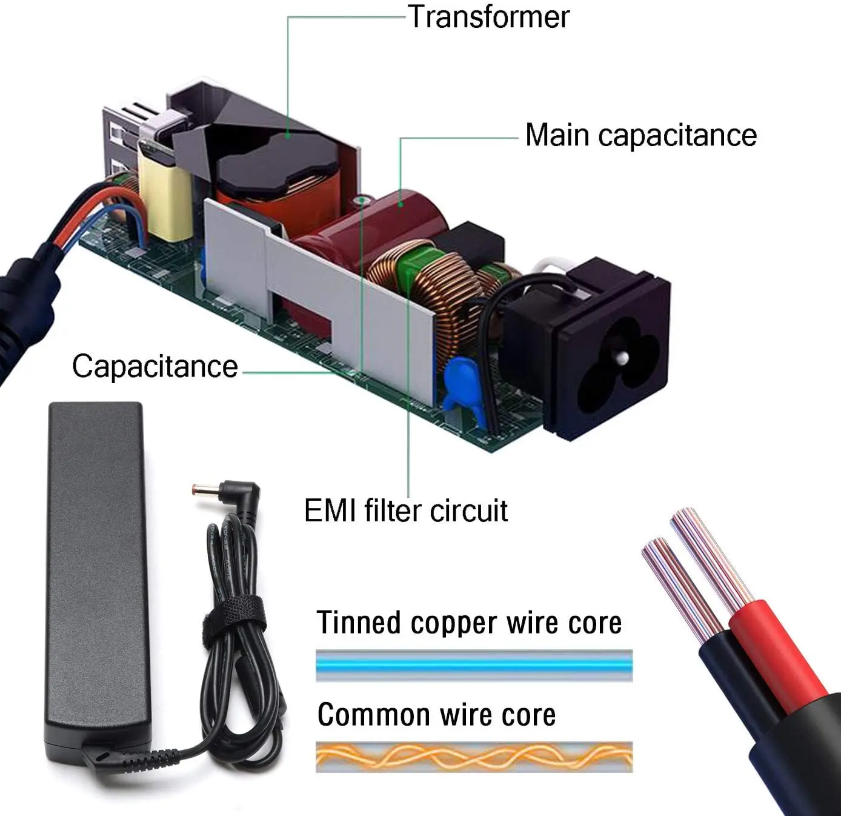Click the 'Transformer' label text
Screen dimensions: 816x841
point(488,17)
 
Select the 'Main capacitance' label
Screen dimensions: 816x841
point(640,135)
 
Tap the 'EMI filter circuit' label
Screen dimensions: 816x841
point(405,510)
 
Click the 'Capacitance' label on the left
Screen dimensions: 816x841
point(155,366)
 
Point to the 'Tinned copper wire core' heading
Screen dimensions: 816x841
point(469,623)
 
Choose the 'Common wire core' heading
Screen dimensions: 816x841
point(436,715)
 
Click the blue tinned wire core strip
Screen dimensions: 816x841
point(474,665)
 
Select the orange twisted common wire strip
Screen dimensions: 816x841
point(474,757)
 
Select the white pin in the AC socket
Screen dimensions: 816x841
point(621,358)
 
